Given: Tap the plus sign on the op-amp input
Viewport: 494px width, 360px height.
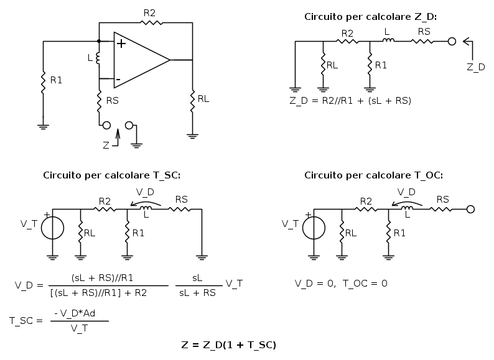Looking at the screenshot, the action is click(x=121, y=44).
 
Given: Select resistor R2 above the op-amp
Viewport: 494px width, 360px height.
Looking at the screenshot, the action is click(x=151, y=22).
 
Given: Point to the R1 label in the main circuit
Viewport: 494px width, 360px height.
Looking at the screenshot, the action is click(x=56, y=80).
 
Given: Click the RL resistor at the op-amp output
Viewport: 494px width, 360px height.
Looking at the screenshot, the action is click(x=192, y=101).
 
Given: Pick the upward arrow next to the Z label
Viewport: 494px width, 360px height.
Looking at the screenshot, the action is click(x=118, y=137).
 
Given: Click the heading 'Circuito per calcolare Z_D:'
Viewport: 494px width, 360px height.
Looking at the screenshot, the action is click(x=371, y=17).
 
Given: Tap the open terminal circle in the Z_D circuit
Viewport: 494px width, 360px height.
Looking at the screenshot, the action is click(x=452, y=41).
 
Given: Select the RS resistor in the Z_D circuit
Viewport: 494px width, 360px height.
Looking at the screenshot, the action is click(x=422, y=41).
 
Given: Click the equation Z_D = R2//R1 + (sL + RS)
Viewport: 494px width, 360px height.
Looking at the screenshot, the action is click(x=350, y=101).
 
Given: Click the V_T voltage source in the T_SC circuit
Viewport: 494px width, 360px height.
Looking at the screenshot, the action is click(x=53, y=228).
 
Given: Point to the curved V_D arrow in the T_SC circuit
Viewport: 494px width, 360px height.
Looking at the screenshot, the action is click(x=146, y=202).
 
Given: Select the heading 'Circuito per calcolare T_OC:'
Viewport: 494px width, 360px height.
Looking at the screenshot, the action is click(x=374, y=175).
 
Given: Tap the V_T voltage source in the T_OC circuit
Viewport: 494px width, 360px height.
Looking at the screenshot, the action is click(x=314, y=228).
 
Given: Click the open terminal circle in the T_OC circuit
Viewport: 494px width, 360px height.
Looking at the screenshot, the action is click(x=470, y=209).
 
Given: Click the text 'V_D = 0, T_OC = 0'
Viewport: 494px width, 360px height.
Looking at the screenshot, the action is click(x=341, y=284).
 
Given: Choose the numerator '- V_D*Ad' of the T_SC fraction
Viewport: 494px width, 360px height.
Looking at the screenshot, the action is click(x=75, y=313).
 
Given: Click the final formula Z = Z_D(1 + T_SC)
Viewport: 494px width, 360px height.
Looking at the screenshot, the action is click(x=229, y=345).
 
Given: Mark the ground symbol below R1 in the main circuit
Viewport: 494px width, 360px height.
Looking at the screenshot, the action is click(x=43, y=127).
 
